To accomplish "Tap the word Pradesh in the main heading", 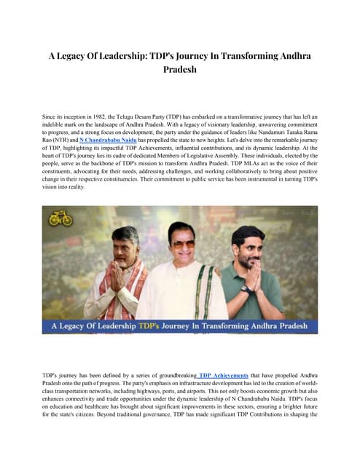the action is point(180,71).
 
